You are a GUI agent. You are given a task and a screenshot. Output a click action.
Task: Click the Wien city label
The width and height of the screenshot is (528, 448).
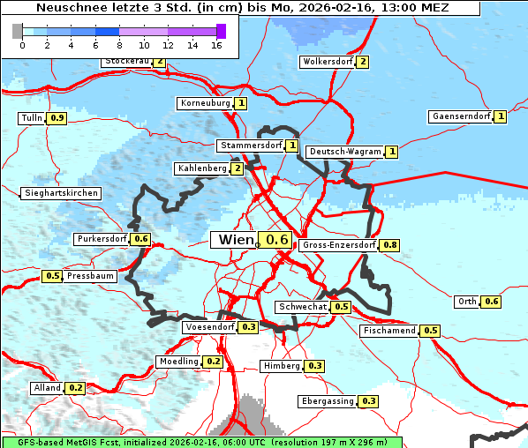point(234,240)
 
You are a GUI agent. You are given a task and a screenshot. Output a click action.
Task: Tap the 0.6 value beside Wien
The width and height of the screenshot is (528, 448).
point(277,240)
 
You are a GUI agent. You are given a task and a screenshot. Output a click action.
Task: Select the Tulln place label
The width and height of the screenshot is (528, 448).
point(31,118)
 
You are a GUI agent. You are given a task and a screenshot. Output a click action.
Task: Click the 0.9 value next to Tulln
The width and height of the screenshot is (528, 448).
point(57,118)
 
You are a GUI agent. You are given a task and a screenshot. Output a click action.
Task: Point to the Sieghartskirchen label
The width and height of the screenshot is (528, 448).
point(61,193)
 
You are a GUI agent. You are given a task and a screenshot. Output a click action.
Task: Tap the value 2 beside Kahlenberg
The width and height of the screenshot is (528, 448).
point(237,168)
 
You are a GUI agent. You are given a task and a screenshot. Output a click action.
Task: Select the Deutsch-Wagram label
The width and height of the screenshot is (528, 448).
point(345,152)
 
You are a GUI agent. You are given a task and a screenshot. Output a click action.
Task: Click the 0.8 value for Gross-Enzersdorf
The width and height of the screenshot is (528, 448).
point(389,245)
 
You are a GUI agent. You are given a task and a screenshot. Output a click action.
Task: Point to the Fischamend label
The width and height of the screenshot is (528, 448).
point(388,331)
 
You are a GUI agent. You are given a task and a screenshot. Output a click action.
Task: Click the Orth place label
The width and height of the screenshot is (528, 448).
point(467,302)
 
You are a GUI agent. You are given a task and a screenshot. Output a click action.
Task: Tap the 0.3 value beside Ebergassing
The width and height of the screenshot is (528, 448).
point(369,401)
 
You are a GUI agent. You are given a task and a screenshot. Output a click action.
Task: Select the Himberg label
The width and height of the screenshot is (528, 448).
point(282,366)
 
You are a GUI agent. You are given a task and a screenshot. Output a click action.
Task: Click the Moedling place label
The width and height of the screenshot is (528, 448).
point(178,362)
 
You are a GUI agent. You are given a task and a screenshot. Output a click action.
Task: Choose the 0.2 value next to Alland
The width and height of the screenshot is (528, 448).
point(75,388)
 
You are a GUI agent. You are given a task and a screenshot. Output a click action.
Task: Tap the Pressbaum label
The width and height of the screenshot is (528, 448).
point(90,276)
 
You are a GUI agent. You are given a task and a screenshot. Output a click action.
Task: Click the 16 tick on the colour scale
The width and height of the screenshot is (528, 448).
point(216,45)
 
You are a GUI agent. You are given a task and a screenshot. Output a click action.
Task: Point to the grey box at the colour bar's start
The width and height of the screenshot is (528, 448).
point(18,31)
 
